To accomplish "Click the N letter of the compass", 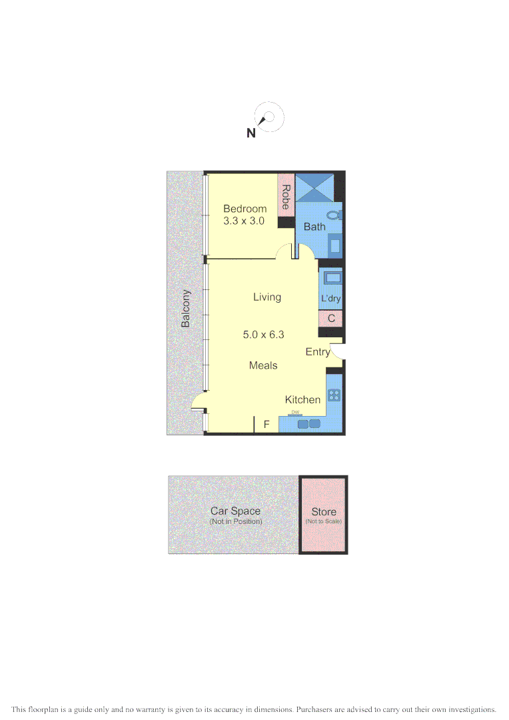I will [x=251, y=133].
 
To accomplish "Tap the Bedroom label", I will [x=245, y=209].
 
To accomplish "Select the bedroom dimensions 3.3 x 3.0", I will [x=245, y=221].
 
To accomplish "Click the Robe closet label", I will [x=286, y=197].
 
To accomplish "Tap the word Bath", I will [x=314, y=227].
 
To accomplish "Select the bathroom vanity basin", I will [x=335, y=245].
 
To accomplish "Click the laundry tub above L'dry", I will [x=332, y=278].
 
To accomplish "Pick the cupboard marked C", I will [x=331, y=319].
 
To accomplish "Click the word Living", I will [x=266, y=297].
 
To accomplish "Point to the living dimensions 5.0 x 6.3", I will [x=263, y=335].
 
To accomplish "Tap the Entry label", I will [x=317, y=352].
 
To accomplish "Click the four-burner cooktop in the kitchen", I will [x=334, y=394].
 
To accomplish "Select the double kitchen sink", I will [x=308, y=423].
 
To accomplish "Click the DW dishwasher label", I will [x=294, y=413].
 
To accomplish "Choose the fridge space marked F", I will [x=266, y=424].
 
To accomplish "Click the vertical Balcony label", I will [x=187, y=308].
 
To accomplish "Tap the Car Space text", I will [x=235, y=511].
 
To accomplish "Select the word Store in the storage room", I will [x=324, y=512].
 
